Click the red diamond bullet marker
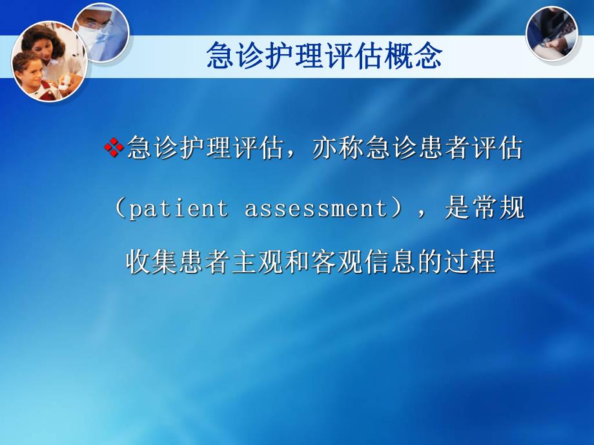(x=114, y=148)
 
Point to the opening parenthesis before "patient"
(x=121, y=209)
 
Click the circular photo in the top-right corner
(x=552, y=34)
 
